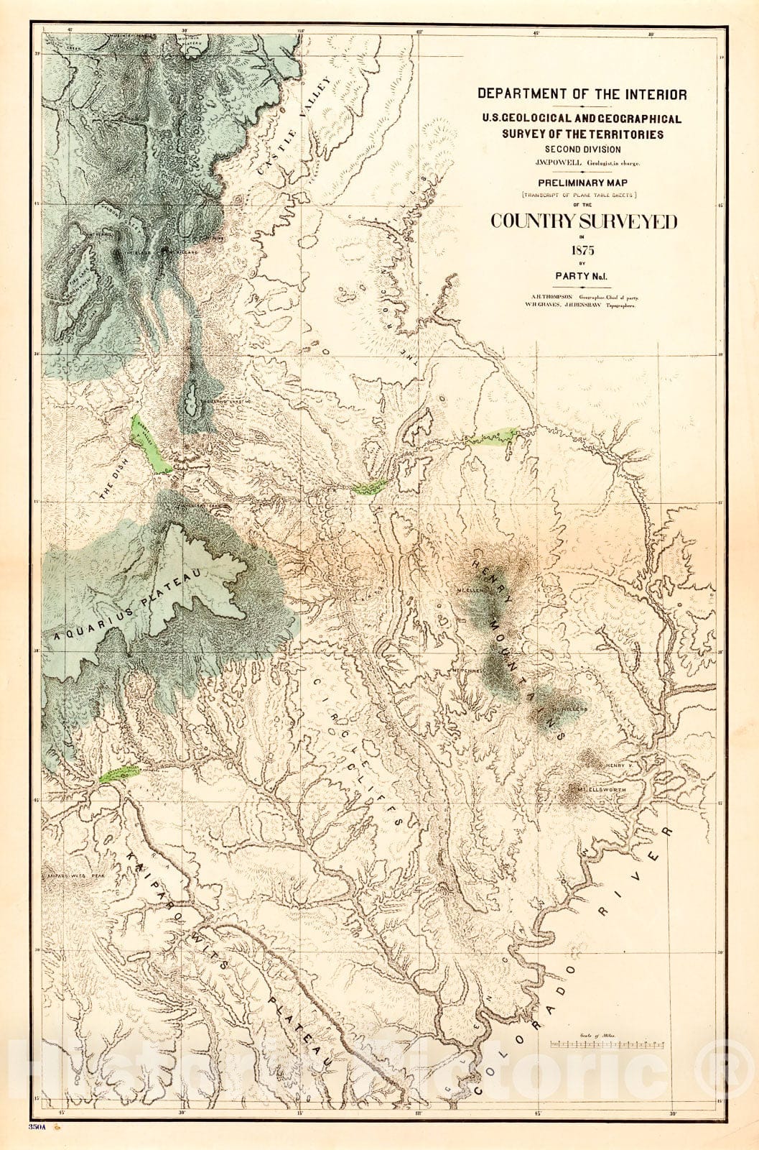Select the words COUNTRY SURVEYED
tap(583, 222)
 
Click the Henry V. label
tap(618, 766)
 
